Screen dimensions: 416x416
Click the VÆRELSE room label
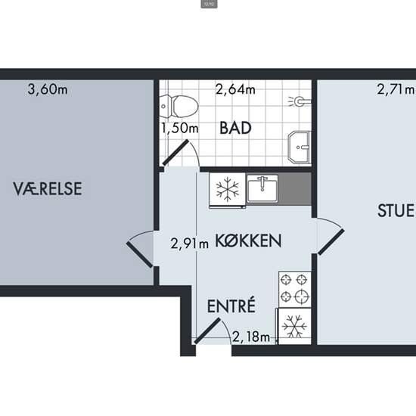click(48, 188)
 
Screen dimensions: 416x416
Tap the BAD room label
click(235, 128)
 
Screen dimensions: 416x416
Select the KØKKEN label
click(248, 241)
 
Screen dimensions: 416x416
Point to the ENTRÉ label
click(231, 306)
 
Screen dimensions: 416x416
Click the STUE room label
click(396, 211)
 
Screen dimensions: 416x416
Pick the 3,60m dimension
click(48, 89)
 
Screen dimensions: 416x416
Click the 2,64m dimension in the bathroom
click(235, 89)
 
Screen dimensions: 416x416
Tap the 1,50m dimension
click(180, 128)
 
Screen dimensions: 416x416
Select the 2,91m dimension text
click(189, 244)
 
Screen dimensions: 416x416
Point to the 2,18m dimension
click(251, 337)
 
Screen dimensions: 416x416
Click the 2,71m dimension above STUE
click(396, 89)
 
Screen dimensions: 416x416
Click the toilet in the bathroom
click(179, 107)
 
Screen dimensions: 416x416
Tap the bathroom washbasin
click(299, 147)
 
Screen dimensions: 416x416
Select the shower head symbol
click(300, 101)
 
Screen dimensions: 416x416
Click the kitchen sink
click(262, 188)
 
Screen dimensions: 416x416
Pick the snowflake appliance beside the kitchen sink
click(228, 190)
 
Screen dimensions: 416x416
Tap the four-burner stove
click(295, 289)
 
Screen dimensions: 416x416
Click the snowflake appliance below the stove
click(294, 326)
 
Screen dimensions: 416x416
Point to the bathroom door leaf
click(175, 153)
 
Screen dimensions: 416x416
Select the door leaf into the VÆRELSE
click(140, 254)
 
